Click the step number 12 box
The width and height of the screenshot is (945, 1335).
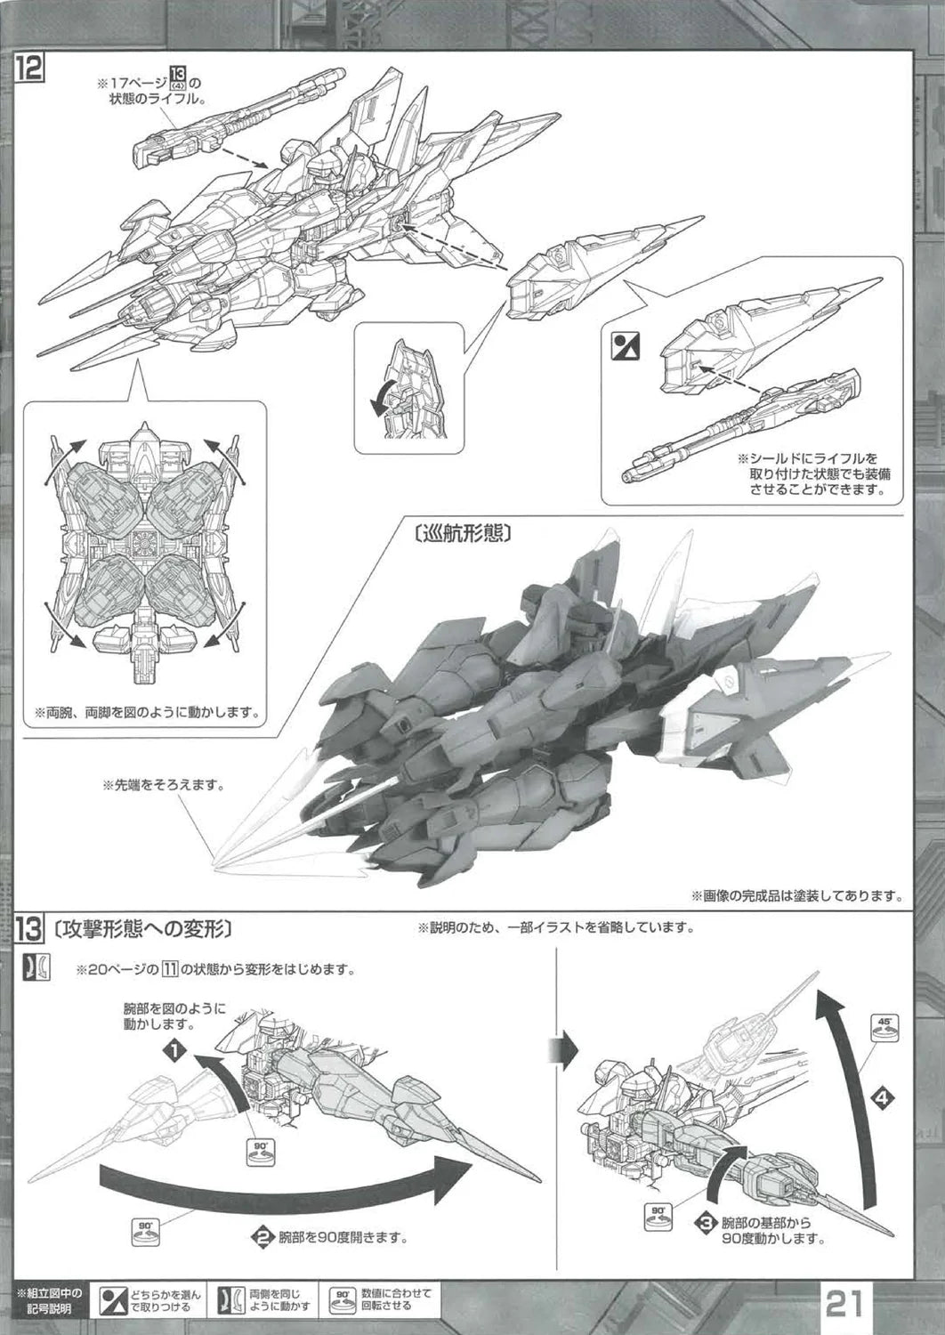[27, 69]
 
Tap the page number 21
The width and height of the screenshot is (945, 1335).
[844, 1305]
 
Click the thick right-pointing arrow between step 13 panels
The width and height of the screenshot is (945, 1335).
[561, 1051]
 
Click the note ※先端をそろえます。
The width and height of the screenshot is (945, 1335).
[163, 785]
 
